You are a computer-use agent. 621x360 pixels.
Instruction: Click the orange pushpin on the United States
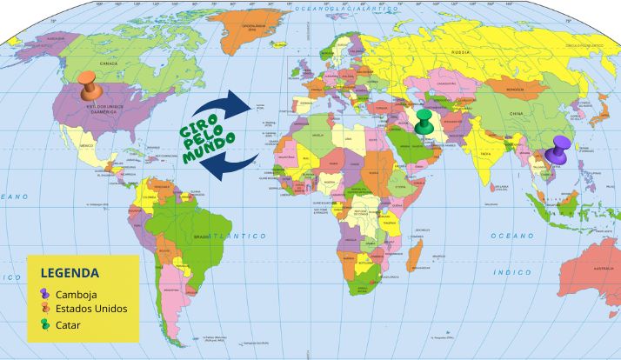[x=87, y=85]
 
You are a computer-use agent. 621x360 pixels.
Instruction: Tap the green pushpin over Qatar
[x=424, y=120]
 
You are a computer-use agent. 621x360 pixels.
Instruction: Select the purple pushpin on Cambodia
[x=559, y=148]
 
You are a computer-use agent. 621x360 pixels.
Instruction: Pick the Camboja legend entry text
[x=75, y=294]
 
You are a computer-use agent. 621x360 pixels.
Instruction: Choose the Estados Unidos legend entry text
[x=90, y=309]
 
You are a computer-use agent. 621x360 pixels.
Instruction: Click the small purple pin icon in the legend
[x=45, y=294]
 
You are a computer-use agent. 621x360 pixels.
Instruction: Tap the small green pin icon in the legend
[x=45, y=323]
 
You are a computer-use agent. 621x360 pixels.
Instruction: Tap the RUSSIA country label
[x=461, y=52]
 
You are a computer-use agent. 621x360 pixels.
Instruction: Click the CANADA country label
[x=109, y=64]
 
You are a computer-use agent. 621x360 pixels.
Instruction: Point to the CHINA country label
[x=517, y=114]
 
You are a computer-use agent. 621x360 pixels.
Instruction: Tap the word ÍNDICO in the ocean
[x=512, y=272]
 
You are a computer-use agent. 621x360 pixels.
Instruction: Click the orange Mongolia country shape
[x=513, y=88]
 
